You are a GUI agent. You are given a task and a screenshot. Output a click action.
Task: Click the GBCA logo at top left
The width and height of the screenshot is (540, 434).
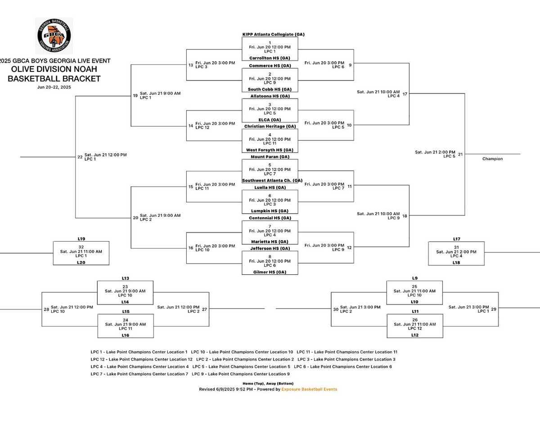click(x=54, y=36)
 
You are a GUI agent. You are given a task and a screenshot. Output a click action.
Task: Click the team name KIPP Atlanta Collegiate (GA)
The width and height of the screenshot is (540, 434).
click(x=270, y=35)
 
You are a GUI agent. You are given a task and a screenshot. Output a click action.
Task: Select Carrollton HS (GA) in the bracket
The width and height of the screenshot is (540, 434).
click(x=270, y=58)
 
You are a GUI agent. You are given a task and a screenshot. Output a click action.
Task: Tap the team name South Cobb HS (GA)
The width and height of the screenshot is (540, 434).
click(x=270, y=89)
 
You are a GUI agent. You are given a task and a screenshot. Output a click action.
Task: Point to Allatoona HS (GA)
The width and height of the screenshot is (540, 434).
click(x=270, y=96)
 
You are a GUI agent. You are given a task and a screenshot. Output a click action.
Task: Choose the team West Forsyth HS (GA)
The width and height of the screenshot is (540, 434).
click(x=270, y=150)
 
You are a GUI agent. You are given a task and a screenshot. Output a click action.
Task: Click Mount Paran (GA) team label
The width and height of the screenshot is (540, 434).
click(x=270, y=157)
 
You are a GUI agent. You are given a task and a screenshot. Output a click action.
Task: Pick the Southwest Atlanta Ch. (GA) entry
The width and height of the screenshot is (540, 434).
click(x=272, y=180)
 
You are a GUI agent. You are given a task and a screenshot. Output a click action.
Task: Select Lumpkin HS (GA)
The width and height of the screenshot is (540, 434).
click(x=270, y=211)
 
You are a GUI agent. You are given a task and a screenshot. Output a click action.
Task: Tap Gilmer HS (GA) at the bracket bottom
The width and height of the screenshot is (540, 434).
click(x=270, y=272)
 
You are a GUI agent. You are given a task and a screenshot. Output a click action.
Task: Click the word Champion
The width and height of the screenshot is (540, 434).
click(x=492, y=159)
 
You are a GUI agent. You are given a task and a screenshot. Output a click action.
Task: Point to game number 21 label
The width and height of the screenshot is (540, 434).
click(x=460, y=154)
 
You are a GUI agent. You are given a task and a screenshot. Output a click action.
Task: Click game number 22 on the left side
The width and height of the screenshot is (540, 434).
click(x=80, y=157)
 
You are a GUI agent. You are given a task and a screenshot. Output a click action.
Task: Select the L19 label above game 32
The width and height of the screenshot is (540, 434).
click(x=81, y=239)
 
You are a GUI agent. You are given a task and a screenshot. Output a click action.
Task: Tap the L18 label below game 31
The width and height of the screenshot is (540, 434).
click(x=456, y=262)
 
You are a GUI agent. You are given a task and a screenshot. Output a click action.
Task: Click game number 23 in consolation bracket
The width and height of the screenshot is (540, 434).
click(x=125, y=286)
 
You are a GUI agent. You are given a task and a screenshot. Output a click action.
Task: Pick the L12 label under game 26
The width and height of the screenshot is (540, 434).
click(x=414, y=335)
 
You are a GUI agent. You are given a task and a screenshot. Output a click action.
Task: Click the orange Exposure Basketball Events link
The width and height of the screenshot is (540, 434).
click(x=309, y=389)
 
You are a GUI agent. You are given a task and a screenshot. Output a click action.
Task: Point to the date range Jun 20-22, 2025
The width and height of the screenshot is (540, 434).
click(x=54, y=87)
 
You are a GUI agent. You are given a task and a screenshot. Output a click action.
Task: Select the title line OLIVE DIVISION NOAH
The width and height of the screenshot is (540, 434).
click(x=54, y=69)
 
